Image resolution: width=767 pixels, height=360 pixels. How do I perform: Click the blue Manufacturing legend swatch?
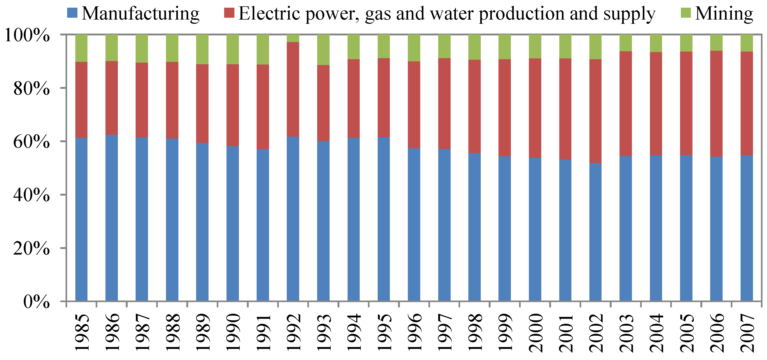point(72,13)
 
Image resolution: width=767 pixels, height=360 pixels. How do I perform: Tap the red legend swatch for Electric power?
point(229,13)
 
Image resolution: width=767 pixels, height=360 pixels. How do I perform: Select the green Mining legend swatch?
point(686,13)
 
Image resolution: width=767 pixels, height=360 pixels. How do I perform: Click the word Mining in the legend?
point(724,13)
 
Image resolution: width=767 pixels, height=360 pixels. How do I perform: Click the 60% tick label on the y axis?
point(31,142)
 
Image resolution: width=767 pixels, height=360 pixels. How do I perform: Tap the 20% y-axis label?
point(31,248)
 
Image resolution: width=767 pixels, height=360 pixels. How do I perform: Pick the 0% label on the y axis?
point(36,302)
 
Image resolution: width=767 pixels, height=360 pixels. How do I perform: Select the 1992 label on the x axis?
point(293,332)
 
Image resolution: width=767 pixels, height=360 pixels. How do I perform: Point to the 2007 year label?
point(747,332)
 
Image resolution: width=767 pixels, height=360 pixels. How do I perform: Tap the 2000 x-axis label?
point(535,332)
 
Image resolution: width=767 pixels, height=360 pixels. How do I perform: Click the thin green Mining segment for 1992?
point(293,38)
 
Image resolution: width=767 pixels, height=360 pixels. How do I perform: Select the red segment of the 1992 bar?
point(293,89)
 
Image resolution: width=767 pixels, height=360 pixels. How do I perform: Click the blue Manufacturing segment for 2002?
point(595,232)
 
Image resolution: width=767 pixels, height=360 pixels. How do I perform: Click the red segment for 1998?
point(474,106)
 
